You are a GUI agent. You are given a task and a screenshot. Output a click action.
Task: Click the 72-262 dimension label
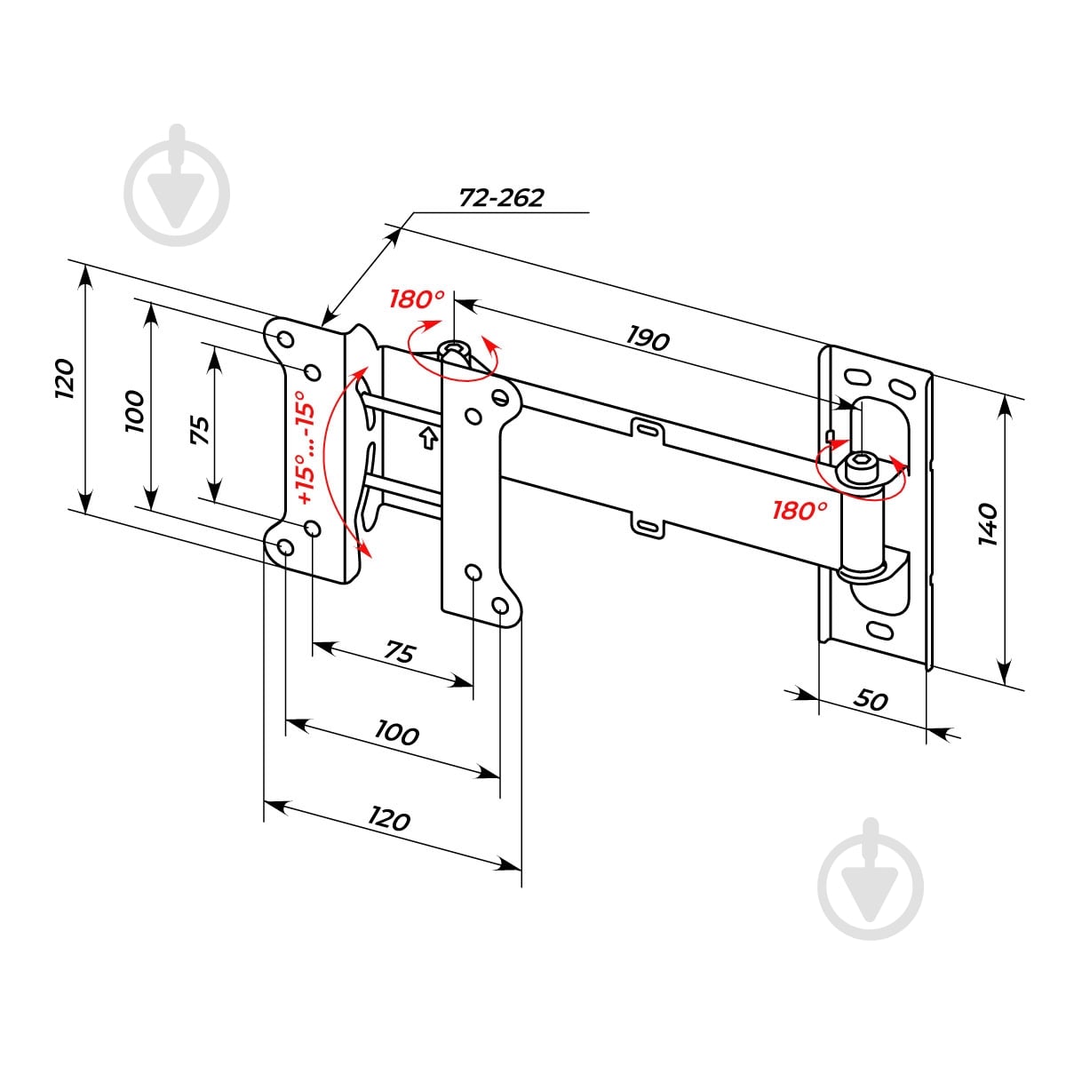tap(501, 197)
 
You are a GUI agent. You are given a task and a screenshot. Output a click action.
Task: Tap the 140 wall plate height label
tap(988, 524)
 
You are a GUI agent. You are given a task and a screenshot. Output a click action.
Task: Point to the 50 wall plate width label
tap(871, 700)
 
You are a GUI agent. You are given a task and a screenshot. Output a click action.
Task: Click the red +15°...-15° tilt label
tap(306, 447)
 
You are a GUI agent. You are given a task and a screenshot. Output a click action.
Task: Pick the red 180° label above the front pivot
tap(417, 299)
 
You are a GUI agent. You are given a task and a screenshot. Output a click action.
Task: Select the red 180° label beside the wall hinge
tap(799, 511)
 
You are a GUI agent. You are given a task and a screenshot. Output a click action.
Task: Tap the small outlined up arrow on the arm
tap(429, 438)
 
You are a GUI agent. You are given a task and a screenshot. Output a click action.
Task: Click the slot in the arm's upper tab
tap(647, 429)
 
